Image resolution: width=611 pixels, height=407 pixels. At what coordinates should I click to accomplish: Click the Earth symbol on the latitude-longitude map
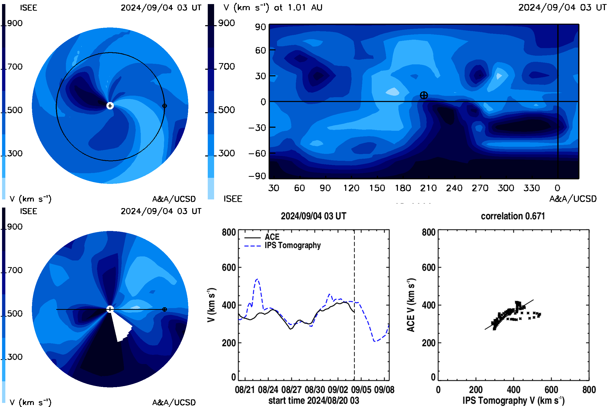[424, 95]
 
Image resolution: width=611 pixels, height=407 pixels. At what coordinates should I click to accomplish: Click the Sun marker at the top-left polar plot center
[110, 106]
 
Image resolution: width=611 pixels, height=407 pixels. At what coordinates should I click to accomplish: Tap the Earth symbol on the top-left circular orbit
[164, 106]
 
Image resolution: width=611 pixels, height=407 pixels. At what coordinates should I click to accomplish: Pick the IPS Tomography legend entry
[282, 245]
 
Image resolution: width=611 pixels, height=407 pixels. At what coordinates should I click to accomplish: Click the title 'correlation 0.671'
[513, 216]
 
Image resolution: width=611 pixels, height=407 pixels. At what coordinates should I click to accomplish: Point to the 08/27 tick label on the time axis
[291, 390]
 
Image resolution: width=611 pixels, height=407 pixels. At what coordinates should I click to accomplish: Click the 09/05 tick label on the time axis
[361, 390]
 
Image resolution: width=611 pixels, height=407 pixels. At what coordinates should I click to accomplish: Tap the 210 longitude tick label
[428, 188]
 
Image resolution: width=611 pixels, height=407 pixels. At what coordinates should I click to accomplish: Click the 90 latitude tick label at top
[260, 27]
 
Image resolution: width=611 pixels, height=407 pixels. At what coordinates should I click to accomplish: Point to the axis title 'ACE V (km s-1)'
[411, 305]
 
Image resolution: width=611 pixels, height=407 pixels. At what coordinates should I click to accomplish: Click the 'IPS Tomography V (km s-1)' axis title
[513, 400]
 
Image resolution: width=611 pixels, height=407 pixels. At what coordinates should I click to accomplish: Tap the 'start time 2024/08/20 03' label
[314, 400]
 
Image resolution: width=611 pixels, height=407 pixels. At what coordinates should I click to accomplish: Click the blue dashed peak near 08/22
[257, 279]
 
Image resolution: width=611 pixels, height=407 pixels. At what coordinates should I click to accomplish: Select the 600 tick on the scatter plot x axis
[551, 390]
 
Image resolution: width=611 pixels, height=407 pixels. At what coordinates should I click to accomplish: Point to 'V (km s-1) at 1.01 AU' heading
[273, 8]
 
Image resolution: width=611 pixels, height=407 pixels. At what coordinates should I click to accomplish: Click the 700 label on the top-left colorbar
[15, 67]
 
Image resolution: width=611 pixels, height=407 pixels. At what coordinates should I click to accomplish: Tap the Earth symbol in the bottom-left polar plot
[164, 309]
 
